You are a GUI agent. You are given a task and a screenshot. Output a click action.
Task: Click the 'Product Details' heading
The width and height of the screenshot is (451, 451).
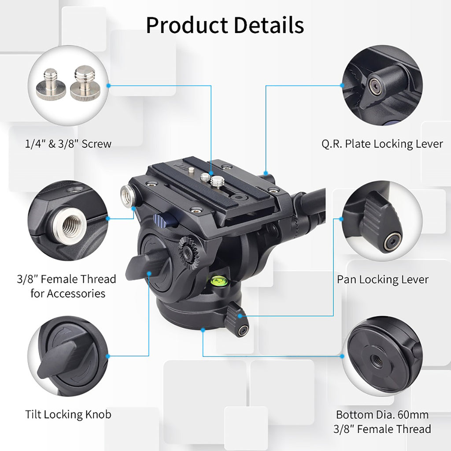225,25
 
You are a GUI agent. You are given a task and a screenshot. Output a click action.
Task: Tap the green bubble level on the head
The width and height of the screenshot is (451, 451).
217,278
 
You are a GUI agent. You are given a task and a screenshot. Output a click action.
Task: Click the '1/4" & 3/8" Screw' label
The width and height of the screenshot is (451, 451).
68,144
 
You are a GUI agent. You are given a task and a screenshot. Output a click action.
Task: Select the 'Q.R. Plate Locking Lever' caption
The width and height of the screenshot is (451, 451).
381,144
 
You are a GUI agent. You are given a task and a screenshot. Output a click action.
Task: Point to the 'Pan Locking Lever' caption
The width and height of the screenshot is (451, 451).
383,279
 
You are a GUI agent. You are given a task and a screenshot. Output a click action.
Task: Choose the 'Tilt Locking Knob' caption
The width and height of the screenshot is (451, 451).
68,414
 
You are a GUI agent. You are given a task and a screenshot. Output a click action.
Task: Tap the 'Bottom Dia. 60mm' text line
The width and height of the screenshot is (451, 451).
382,414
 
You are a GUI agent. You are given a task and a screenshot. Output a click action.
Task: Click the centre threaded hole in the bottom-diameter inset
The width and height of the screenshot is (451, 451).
377,359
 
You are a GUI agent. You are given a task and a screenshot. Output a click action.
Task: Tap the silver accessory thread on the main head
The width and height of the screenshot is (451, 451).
127,196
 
